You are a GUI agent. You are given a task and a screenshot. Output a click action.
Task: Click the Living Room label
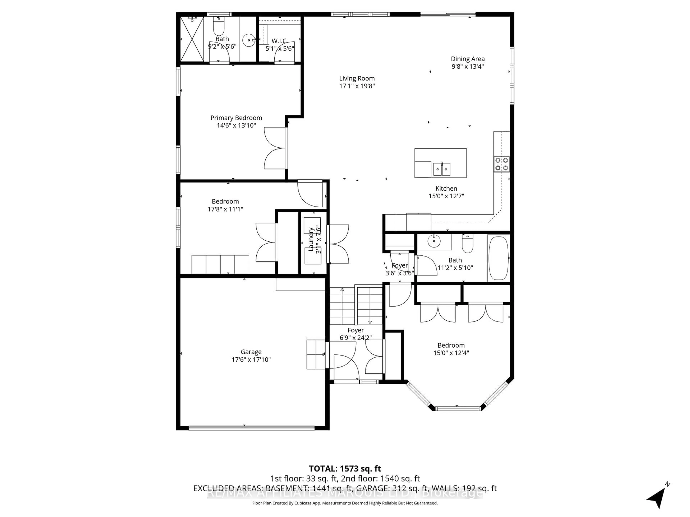pos(357,78)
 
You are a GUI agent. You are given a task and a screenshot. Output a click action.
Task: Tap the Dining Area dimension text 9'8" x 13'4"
pos(468,66)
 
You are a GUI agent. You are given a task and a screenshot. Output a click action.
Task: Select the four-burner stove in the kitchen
pos(502,164)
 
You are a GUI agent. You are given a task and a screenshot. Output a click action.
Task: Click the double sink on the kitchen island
pos(441,169)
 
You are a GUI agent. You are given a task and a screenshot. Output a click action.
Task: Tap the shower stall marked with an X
pos(192,39)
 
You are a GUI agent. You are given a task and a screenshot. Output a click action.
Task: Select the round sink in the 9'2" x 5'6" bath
pos(249,40)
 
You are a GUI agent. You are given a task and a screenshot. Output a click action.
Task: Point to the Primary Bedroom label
pos(236,118)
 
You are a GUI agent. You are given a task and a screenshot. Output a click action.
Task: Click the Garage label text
pos(251,352)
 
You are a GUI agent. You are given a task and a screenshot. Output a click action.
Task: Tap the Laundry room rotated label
pos(311,239)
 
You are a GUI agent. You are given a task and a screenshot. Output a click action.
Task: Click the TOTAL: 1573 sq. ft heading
pos(345,469)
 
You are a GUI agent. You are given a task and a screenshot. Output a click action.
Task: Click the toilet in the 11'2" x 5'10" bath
pos(467,244)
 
